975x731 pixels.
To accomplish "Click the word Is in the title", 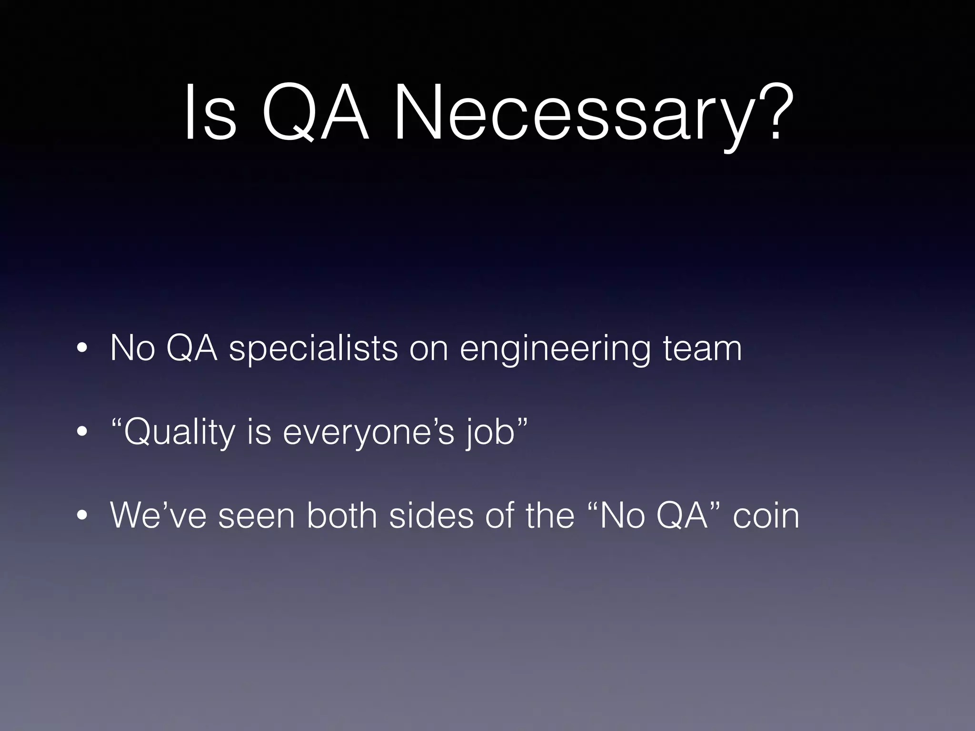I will point(209,114).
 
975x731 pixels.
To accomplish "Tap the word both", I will point(342,516).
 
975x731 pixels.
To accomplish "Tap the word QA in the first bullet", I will point(191,349).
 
